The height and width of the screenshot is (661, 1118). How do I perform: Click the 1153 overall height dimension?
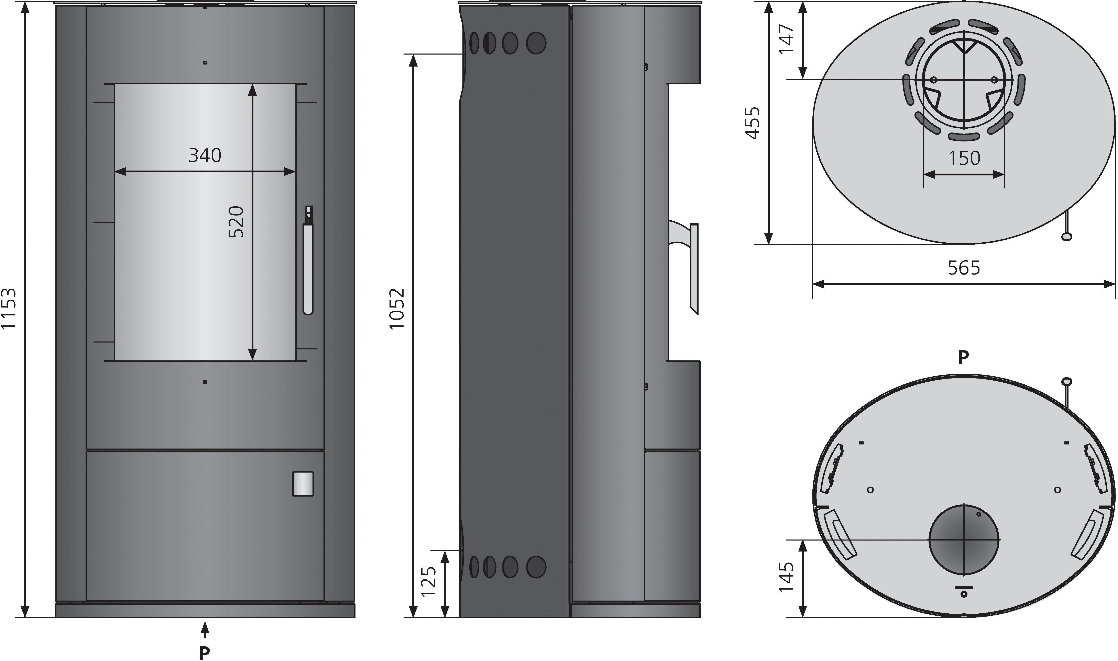pos(9,308)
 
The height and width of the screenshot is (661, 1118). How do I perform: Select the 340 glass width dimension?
pos(205,155)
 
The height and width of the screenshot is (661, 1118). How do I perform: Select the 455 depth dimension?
pos(753,123)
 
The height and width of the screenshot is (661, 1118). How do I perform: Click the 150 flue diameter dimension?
pos(964,158)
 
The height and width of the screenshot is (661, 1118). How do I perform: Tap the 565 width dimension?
pos(964,268)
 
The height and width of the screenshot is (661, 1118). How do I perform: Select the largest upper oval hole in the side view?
pos(536,43)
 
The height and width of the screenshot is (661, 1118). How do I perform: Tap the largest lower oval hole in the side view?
pos(536,567)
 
